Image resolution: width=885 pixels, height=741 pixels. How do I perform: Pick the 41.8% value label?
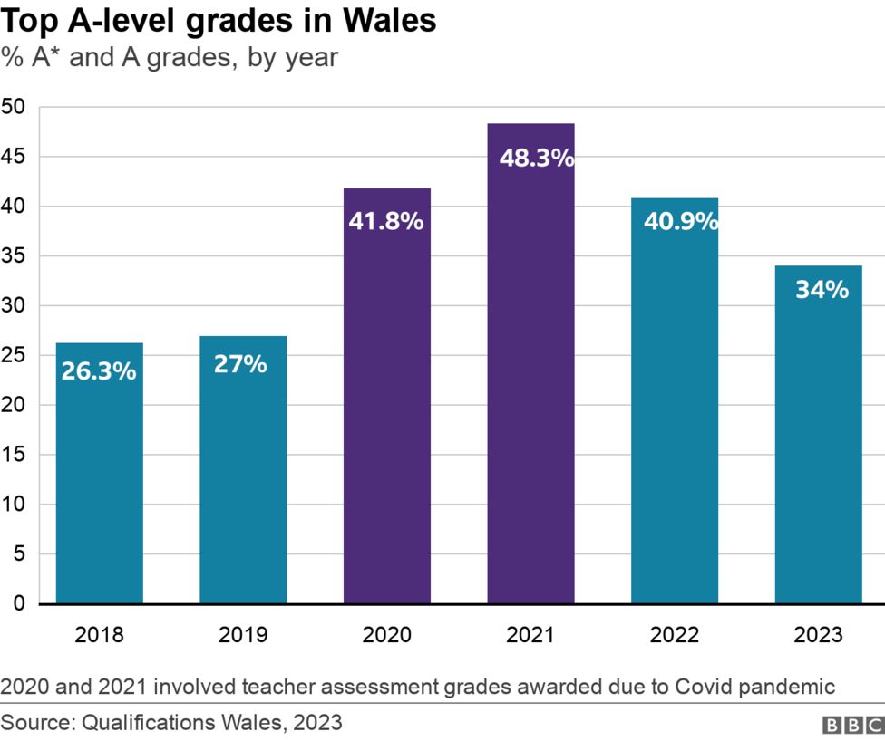point(386,221)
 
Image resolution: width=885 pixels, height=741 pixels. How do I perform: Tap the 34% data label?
point(822,290)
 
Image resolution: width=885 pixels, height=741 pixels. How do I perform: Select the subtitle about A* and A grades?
point(170,58)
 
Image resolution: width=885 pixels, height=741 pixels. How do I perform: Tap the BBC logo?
point(851,725)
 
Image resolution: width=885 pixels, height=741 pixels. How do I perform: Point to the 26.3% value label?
point(99,370)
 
